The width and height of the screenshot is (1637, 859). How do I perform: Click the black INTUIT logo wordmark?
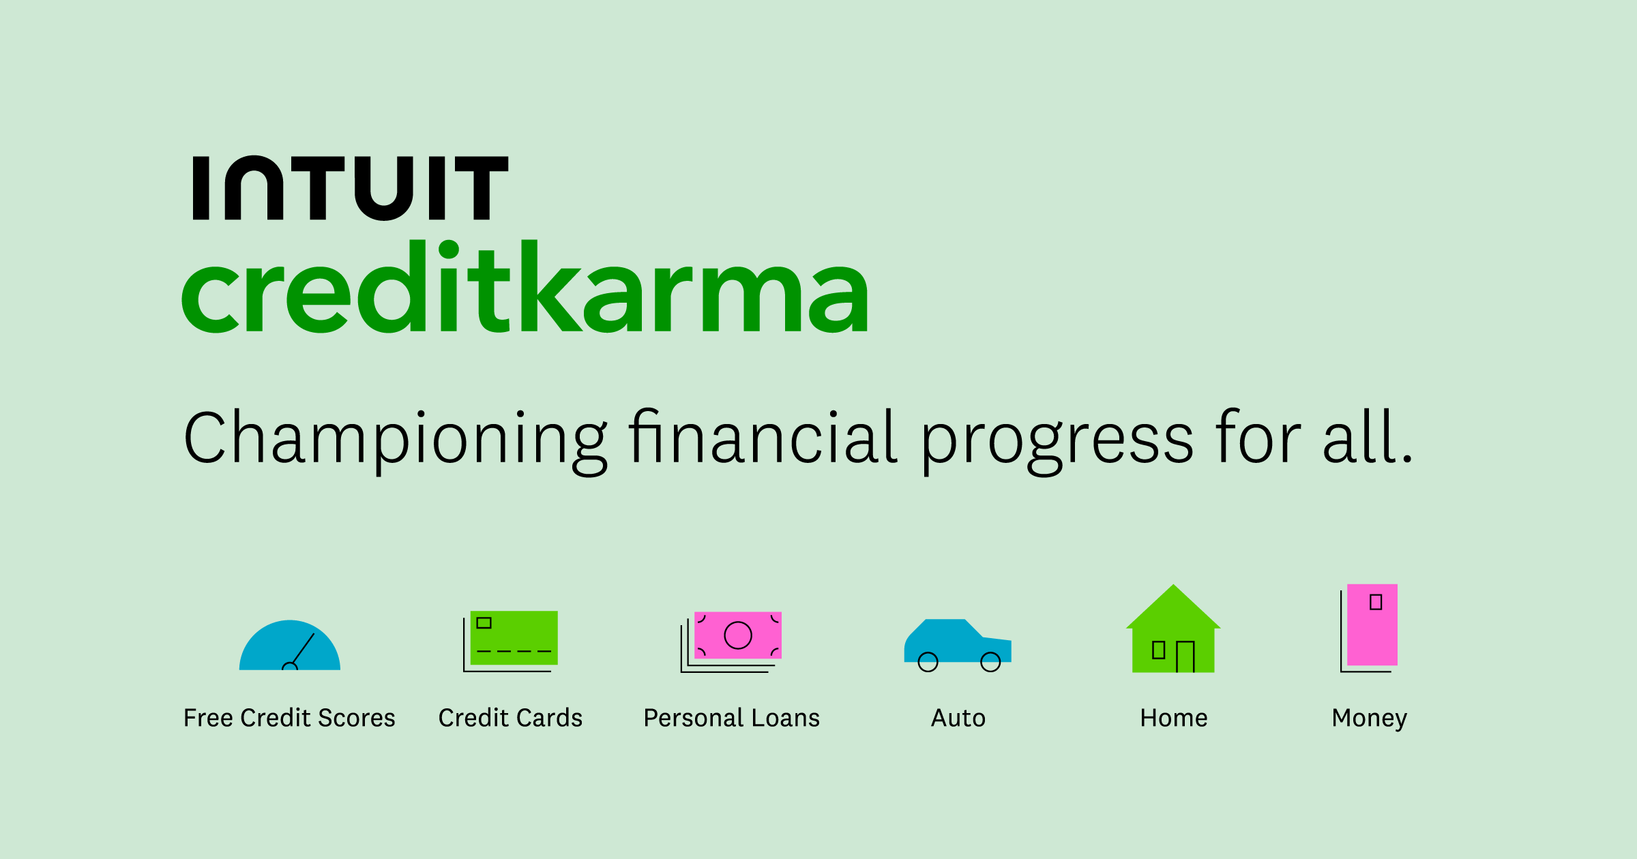pyautogui.click(x=351, y=188)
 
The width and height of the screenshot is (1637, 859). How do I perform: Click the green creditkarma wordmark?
pyautogui.click(x=525, y=288)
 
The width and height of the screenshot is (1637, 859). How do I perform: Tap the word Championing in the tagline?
pyautogui.click(x=396, y=440)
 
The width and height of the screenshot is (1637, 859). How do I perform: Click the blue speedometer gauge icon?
pyautogui.click(x=290, y=646)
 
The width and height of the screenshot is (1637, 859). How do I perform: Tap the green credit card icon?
pyautogui.click(x=514, y=638)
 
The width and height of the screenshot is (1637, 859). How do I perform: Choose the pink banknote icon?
pyautogui.click(x=737, y=635)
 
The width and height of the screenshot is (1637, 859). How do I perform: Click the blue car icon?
pyautogui.click(x=957, y=642)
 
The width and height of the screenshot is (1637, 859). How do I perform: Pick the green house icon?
pyautogui.click(x=1173, y=631)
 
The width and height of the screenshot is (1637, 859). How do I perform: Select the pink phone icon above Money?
pyautogui.click(x=1372, y=624)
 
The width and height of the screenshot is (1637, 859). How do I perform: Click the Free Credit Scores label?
pyautogui.click(x=289, y=718)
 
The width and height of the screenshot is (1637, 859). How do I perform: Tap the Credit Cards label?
pyautogui.click(x=510, y=718)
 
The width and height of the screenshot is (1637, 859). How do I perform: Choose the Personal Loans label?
pyautogui.click(x=731, y=718)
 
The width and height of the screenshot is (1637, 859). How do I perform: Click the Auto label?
pyautogui.click(x=958, y=718)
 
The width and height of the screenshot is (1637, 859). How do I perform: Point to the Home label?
pyautogui.click(x=1173, y=718)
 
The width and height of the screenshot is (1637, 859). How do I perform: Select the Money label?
pyautogui.click(x=1369, y=719)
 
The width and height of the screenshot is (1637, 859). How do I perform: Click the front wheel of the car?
pyautogui.click(x=990, y=661)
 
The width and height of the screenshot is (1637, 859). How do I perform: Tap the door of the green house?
pyautogui.click(x=1185, y=657)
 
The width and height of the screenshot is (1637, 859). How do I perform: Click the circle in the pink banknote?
pyautogui.click(x=738, y=635)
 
